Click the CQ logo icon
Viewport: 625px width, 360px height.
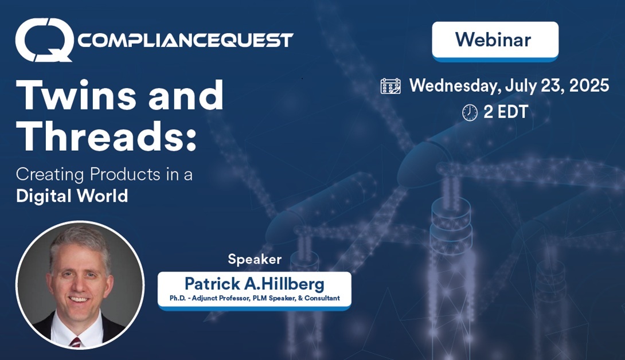pos(44,40)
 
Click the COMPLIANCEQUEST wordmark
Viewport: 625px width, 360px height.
pos(185,40)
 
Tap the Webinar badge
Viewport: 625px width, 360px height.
pos(495,41)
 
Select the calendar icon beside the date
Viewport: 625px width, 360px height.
pos(390,86)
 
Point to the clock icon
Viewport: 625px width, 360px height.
pos(470,112)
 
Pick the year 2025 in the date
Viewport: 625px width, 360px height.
pos(589,85)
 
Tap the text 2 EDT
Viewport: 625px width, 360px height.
pos(506,112)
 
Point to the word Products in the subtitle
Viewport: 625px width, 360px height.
pos(125,175)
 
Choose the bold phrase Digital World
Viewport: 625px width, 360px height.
pos(72,195)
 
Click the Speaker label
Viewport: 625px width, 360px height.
pos(255,260)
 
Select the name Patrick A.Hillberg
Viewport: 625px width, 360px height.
pos(255,284)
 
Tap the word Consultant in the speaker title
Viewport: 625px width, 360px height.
pos(322,298)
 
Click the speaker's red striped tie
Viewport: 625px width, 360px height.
pos(75,342)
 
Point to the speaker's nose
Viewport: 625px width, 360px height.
pos(79,283)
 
